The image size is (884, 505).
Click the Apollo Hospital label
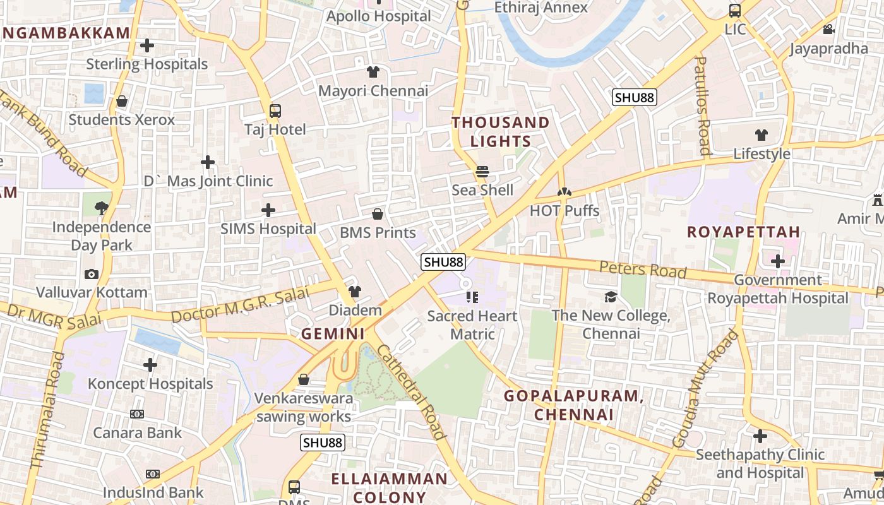[378, 16]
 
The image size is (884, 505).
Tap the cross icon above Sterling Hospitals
[147, 45]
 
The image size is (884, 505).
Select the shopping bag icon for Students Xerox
[122, 101]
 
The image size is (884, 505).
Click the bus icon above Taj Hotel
[275, 111]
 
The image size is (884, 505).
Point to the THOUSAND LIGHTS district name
[500, 131]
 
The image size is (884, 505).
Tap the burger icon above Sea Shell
[482, 172]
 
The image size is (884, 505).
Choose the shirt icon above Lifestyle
[762, 135]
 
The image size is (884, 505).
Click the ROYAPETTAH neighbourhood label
[743, 232]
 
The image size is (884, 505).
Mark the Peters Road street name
[642, 269]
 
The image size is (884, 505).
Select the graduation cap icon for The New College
[611, 297]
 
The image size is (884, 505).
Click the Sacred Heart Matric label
[472, 324]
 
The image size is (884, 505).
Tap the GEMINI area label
[333, 334]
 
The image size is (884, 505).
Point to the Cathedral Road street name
[411, 391]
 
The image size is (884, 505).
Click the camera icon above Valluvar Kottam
[92, 274]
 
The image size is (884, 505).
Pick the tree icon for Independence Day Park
[101, 208]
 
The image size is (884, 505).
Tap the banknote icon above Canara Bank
[137, 414]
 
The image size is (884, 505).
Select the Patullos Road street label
[702, 105]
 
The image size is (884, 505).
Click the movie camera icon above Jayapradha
[828, 30]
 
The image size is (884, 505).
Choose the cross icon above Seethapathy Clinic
[760, 436]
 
